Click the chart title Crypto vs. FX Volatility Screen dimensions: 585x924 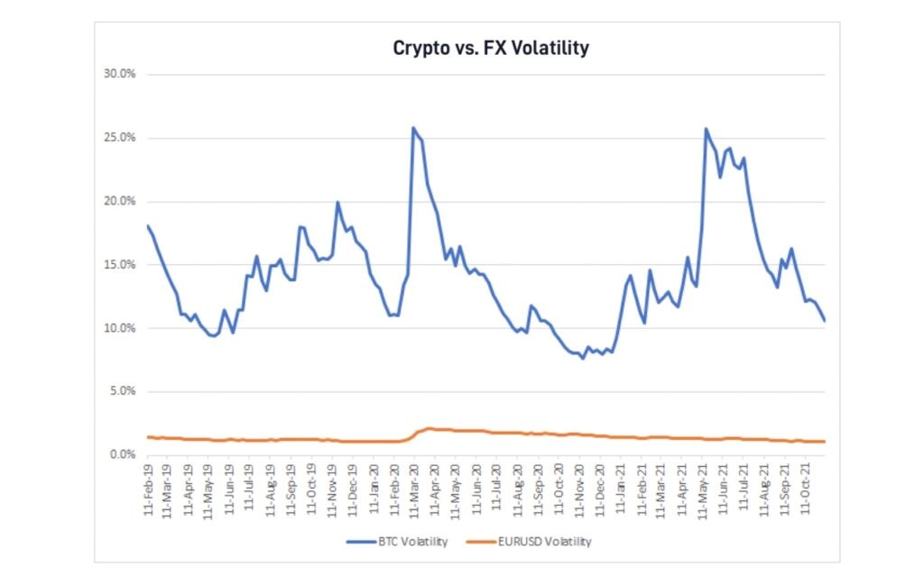(x=491, y=49)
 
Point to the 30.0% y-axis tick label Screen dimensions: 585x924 (x=119, y=75)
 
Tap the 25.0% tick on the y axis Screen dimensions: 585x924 (x=119, y=138)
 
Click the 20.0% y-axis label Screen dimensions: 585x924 (x=119, y=201)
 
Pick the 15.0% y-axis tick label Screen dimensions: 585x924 (x=119, y=265)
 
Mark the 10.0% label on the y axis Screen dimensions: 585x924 (x=119, y=328)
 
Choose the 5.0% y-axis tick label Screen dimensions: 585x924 (x=121, y=391)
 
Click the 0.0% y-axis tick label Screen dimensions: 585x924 (x=121, y=455)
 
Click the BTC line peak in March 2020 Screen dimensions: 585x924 (x=413, y=128)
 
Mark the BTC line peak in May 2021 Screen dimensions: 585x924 (x=706, y=129)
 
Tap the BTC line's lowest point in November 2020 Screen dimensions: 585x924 (x=583, y=358)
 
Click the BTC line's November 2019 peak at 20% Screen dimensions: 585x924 (x=337, y=202)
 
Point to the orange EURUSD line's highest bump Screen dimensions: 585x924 (x=430, y=428)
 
